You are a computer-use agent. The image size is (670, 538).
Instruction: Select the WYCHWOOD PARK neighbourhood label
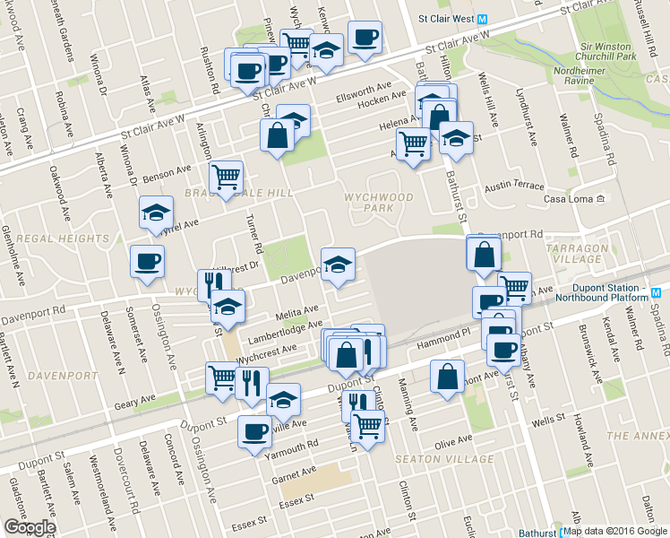tap(379, 203)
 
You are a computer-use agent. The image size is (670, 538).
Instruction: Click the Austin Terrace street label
tap(514, 187)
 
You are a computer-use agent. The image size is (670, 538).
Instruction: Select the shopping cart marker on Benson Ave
tap(226, 178)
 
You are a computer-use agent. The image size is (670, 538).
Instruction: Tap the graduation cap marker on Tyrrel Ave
tap(156, 214)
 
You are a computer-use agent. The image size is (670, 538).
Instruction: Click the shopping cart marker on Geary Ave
tap(221, 376)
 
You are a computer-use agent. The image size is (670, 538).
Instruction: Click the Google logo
tap(29, 527)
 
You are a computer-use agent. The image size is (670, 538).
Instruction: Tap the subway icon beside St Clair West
tap(481, 19)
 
